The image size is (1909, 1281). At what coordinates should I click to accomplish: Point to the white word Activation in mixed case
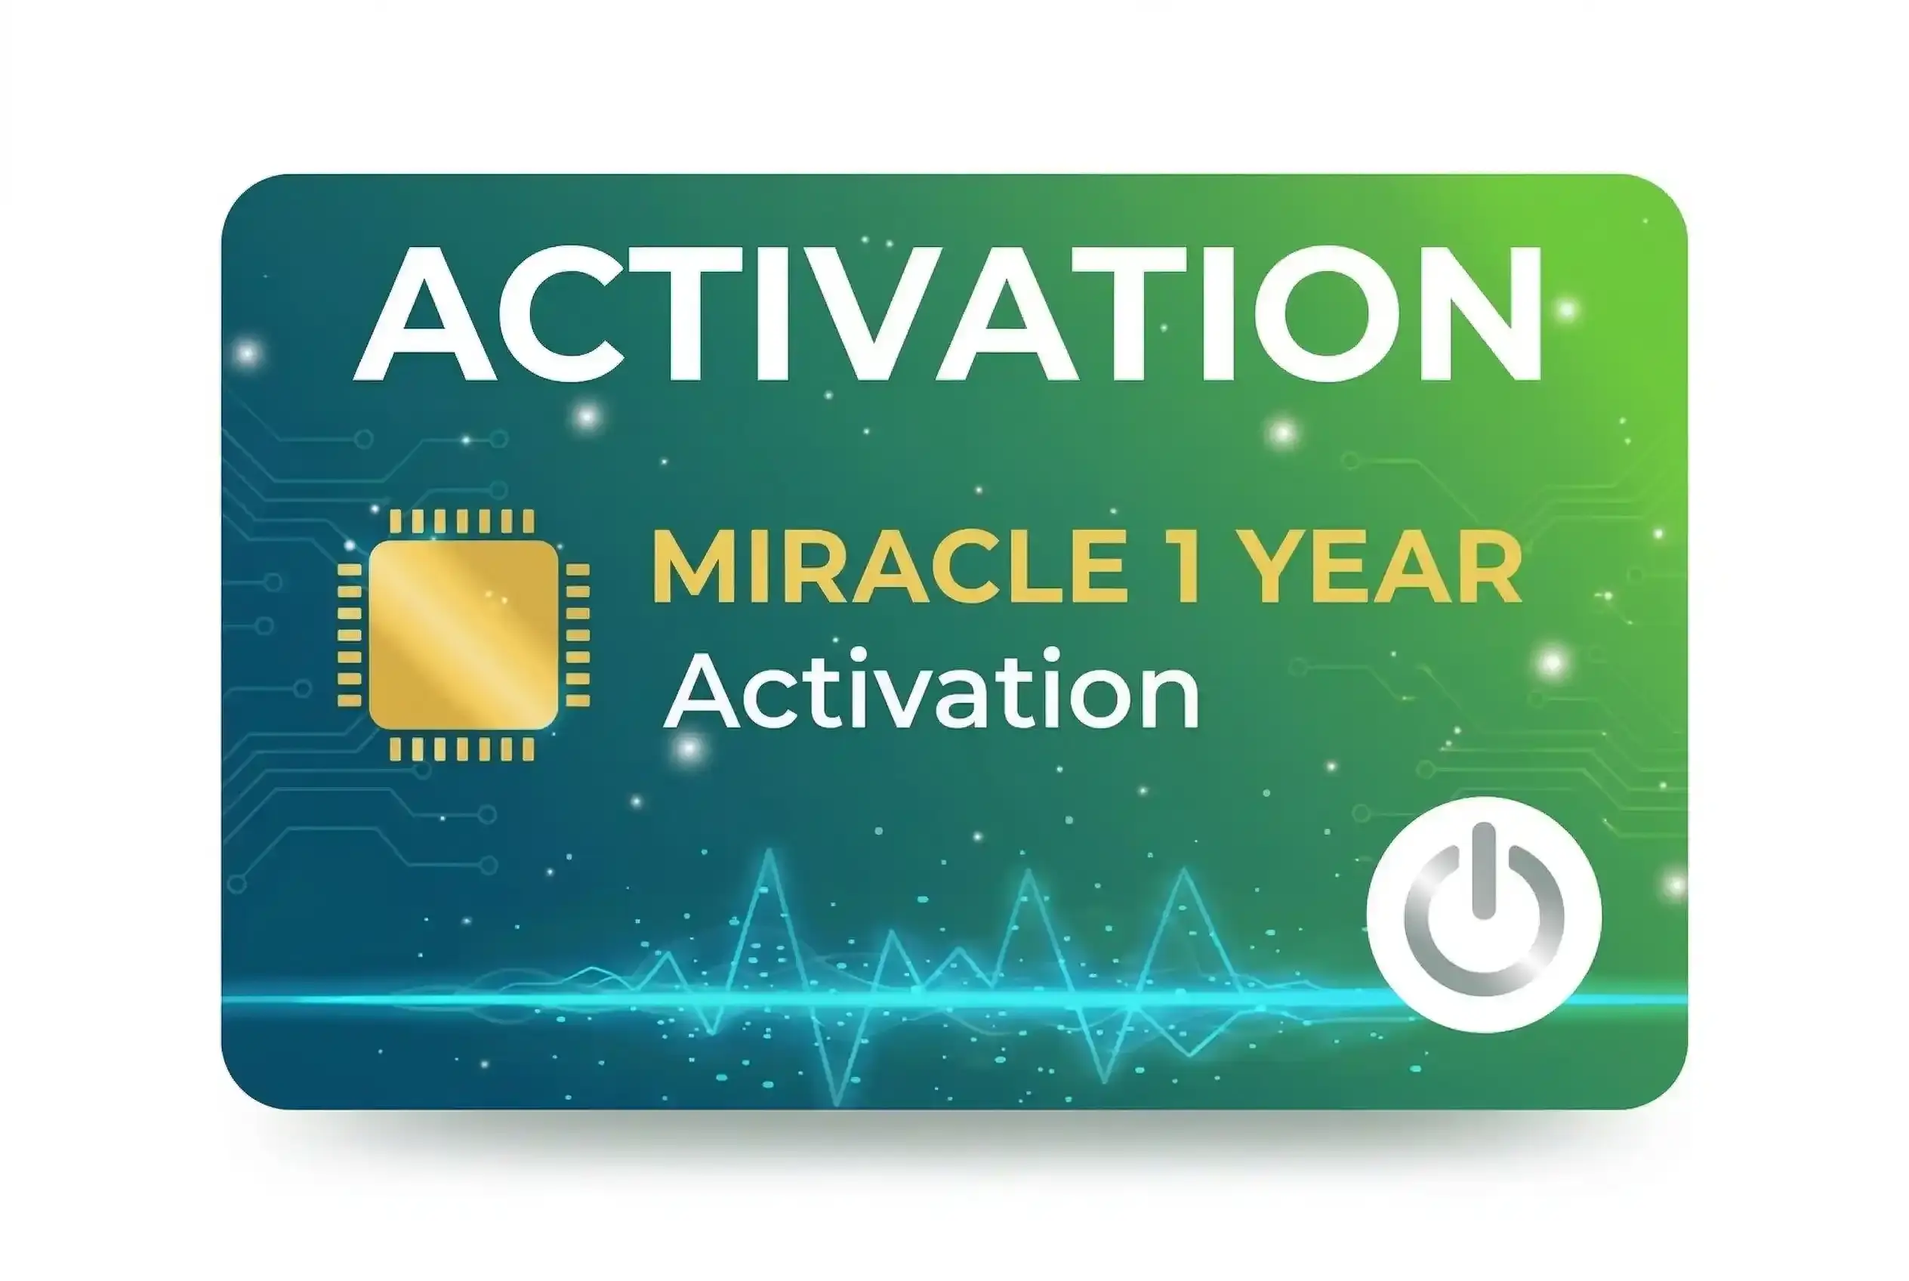click(x=931, y=690)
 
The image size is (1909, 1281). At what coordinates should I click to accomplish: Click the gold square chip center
click(x=463, y=634)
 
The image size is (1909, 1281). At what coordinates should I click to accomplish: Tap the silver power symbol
click(x=1483, y=912)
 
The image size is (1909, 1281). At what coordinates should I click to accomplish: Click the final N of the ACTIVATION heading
click(x=1476, y=313)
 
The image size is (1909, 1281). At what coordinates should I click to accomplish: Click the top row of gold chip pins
click(x=462, y=521)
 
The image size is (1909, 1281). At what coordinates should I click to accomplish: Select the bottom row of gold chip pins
click(x=462, y=749)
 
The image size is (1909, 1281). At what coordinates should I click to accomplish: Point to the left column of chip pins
click(x=350, y=634)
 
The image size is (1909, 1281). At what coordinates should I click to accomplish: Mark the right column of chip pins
click(x=578, y=634)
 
